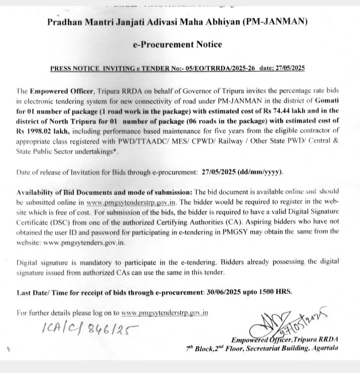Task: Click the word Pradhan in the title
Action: [66, 22]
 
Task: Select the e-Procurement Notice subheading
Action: [177, 44]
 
